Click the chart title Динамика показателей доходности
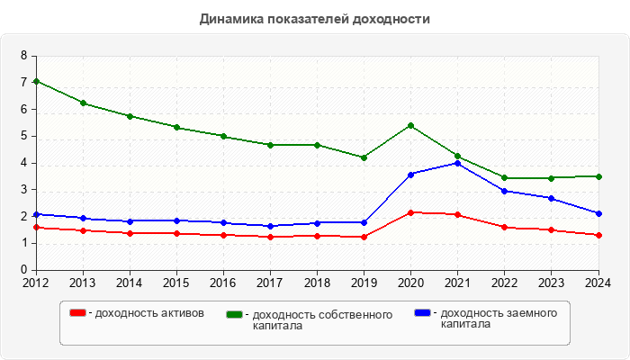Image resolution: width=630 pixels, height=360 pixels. [x=314, y=18]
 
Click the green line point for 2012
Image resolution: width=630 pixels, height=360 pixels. [x=36, y=81]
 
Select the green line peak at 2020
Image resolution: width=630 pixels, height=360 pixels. [x=410, y=125]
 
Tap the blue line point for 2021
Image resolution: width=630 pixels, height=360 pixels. [x=457, y=163]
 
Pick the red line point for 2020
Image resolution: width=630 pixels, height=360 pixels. [x=410, y=212]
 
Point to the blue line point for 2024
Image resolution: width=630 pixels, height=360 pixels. [x=598, y=213]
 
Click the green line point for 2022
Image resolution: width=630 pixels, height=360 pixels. [x=504, y=177]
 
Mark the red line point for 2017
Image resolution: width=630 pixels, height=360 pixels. [x=270, y=237]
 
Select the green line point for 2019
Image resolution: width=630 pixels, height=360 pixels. [x=364, y=157]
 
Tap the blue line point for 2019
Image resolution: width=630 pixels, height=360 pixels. [x=364, y=222]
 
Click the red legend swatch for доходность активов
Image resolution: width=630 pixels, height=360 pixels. [x=78, y=313]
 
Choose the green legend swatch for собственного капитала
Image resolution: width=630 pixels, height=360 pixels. [x=235, y=314]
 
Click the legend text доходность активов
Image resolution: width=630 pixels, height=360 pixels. [x=148, y=313]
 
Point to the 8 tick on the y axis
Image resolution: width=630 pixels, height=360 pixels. [x=24, y=56]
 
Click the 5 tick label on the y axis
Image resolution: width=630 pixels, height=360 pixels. [x=24, y=136]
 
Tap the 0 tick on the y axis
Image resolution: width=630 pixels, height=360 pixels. [x=24, y=270]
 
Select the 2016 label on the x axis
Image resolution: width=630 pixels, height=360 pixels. [x=223, y=283]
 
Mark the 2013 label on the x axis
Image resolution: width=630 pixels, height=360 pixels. [x=83, y=283]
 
